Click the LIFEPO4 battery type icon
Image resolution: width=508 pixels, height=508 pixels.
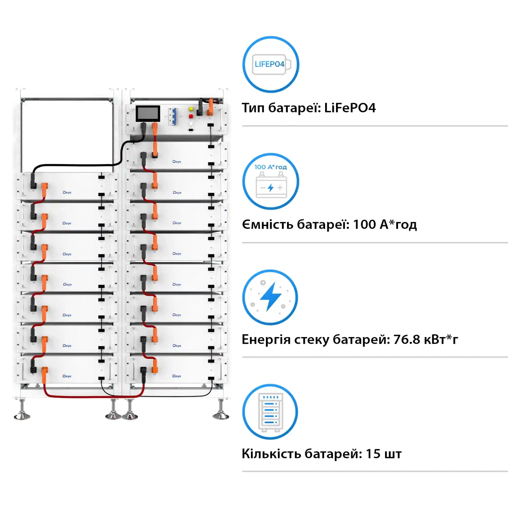(x=270, y=65)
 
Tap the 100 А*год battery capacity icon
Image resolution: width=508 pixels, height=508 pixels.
(x=270, y=181)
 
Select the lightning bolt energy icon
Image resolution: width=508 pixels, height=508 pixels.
(x=270, y=297)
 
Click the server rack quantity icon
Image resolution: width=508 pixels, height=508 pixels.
(x=270, y=412)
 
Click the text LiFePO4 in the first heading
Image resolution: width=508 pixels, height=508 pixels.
(x=350, y=108)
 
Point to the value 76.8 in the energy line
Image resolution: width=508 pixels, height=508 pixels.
(x=406, y=340)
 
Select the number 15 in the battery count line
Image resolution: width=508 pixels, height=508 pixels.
(x=373, y=454)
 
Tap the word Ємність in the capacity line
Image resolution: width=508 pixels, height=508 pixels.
(x=268, y=225)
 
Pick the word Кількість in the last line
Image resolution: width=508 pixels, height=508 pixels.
(x=271, y=454)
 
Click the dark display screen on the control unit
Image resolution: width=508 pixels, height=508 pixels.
(x=148, y=114)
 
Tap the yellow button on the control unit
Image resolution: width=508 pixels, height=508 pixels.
(x=191, y=109)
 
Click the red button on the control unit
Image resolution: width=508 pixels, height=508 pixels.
(x=191, y=116)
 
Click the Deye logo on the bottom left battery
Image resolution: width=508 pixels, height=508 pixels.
(x=67, y=376)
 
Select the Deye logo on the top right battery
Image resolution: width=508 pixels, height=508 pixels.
(x=177, y=162)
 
